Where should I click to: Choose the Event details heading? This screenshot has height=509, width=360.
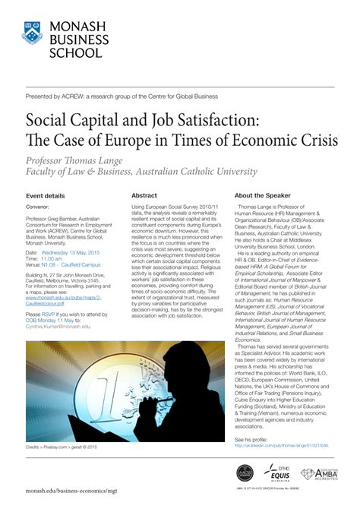click(x=45, y=195)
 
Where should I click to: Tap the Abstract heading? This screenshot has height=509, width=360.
click(x=144, y=195)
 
